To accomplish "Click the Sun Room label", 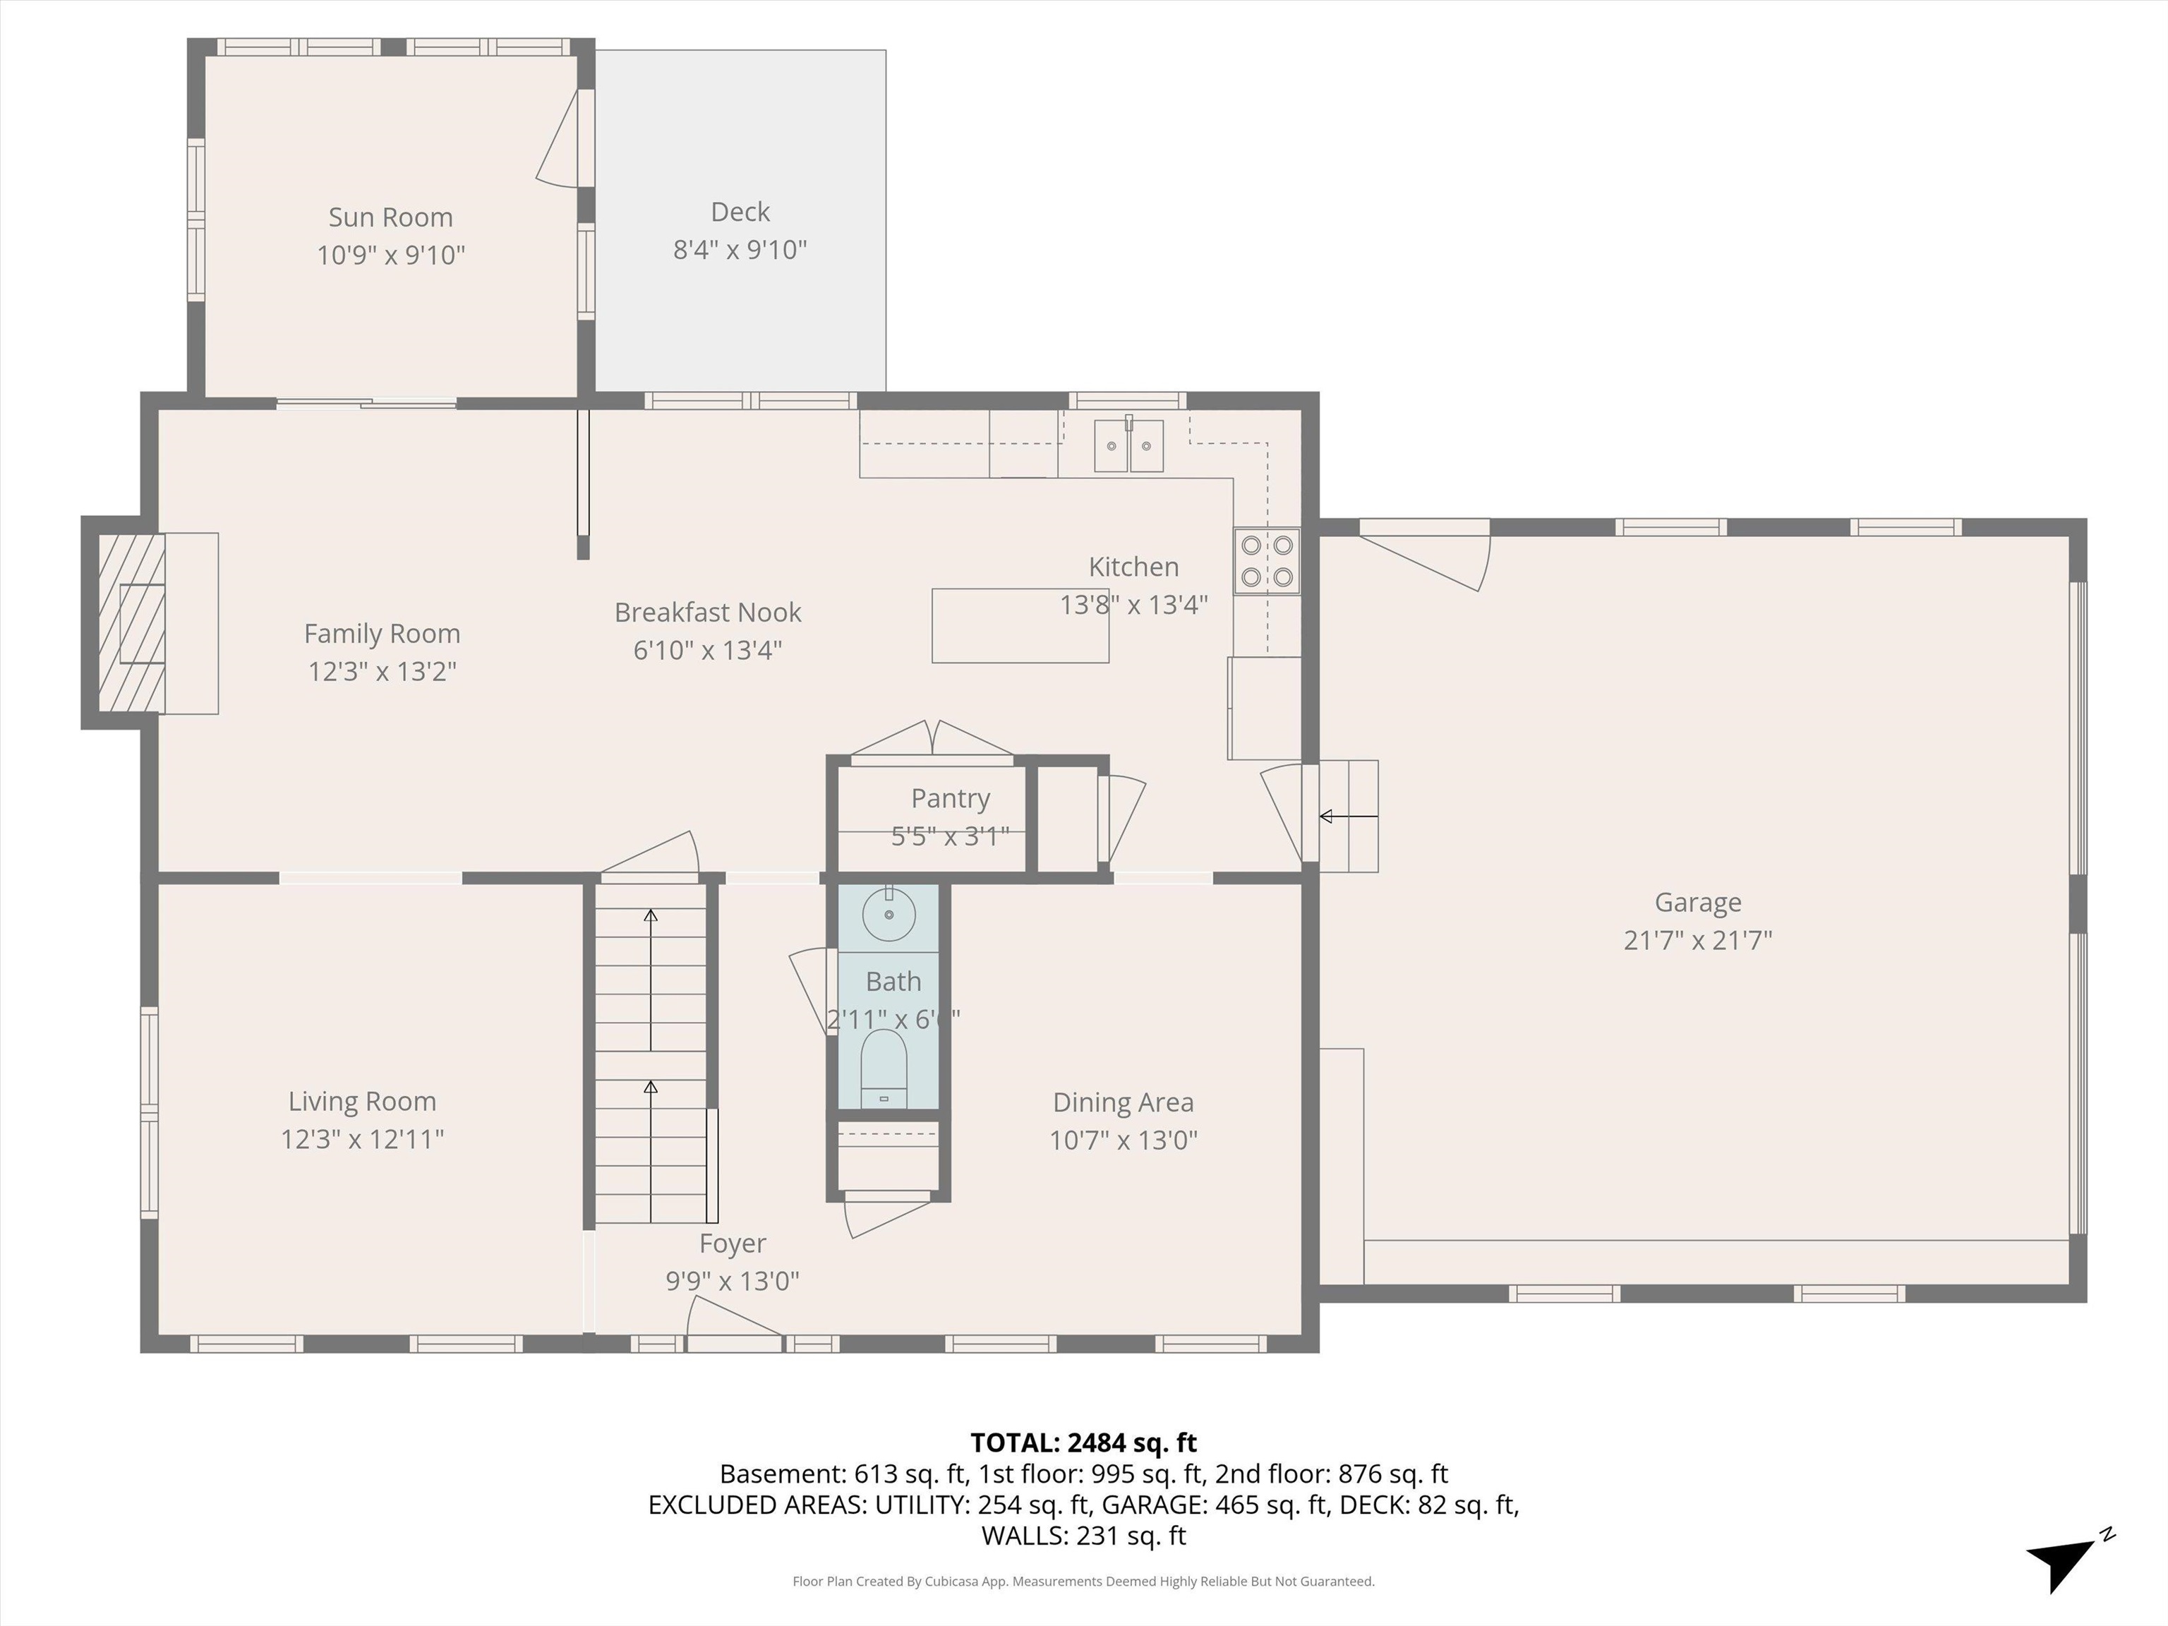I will tap(390, 217).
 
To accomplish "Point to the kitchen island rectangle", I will tap(1019, 626).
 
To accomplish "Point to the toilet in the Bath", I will tap(883, 1069).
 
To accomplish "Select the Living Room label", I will tap(361, 1102).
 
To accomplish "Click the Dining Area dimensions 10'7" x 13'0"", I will tap(1124, 1140).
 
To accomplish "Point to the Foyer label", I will tap(732, 1243).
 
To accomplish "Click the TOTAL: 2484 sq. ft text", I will tap(1083, 1443).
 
